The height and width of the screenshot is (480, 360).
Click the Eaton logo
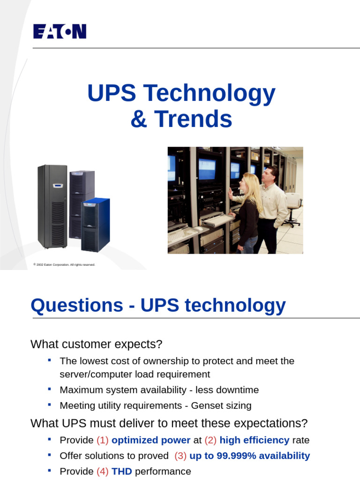[60, 31]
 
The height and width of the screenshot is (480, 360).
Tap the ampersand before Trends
[138, 119]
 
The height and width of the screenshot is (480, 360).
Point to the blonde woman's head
[248, 183]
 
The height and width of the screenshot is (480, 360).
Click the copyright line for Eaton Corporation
[64, 265]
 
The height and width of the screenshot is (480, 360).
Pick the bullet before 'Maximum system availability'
[50, 389]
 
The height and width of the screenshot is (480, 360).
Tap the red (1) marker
[102, 440]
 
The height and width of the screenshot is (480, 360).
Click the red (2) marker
[210, 440]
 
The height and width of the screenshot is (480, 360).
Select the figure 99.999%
[233, 456]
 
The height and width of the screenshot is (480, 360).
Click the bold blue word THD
[122, 472]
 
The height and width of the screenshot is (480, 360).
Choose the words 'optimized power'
[151, 440]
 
